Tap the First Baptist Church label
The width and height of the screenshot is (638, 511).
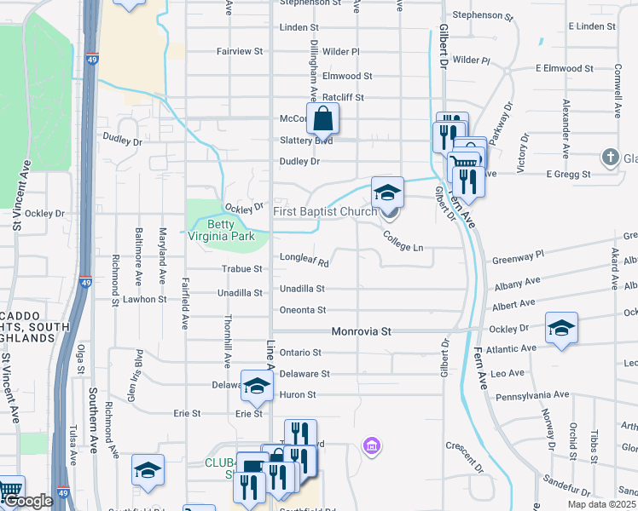click(x=324, y=211)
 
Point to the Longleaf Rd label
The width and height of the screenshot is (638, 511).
click(x=304, y=263)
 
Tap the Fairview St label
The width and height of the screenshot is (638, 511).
click(x=240, y=52)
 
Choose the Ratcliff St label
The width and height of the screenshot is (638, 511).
click(x=344, y=97)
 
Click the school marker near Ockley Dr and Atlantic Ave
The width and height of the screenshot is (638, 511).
click(x=561, y=329)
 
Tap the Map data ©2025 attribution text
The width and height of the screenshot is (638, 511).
click(x=602, y=504)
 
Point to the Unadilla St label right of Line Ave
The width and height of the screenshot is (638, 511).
click(x=302, y=289)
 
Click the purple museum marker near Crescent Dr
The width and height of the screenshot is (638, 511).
click(x=371, y=445)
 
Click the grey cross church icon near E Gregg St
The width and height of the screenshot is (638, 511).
click(x=610, y=157)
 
